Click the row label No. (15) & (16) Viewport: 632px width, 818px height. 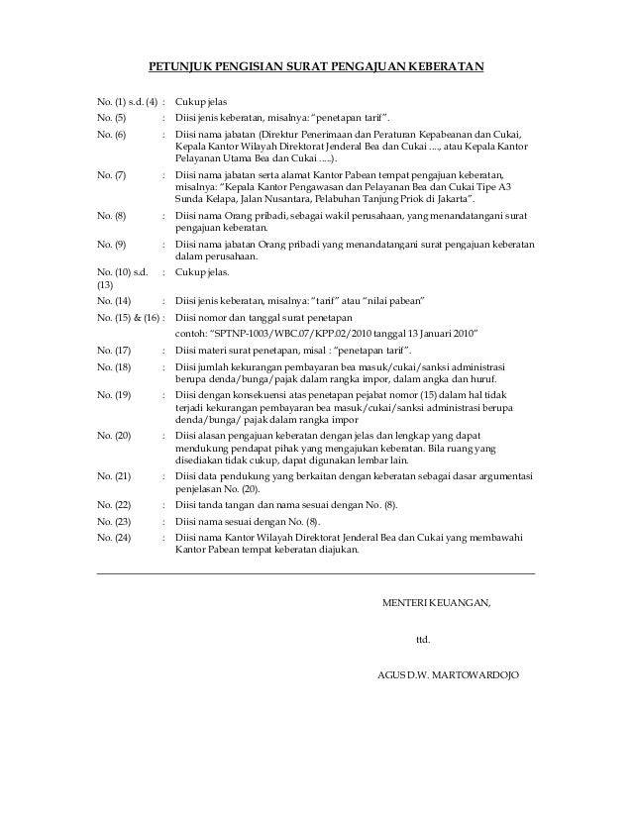click(x=126, y=317)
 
